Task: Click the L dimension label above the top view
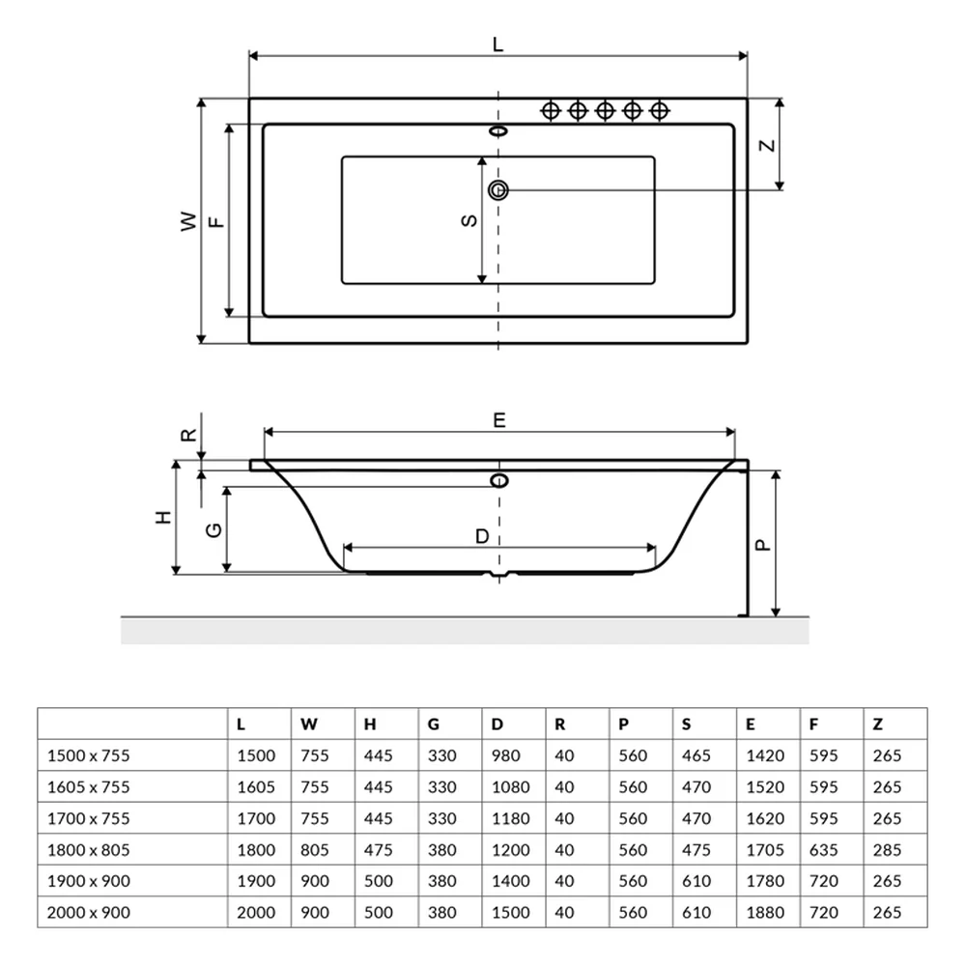pyautogui.click(x=497, y=44)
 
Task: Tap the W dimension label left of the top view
pyautogui.click(x=188, y=221)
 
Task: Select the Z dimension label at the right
pyautogui.click(x=766, y=146)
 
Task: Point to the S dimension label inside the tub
pyautogui.click(x=469, y=220)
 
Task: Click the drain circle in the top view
pyautogui.click(x=497, y=190)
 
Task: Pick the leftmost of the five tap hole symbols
pyautogui.click(x=551, y=111)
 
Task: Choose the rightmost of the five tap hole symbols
pyautogui.click(x=659, y=111)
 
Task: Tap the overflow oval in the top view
pyautogui.click(x=497, y=131)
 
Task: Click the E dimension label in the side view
pyautogui.click(x=499, y=420)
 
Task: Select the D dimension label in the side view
pyautogui.click(x=482, y=536)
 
